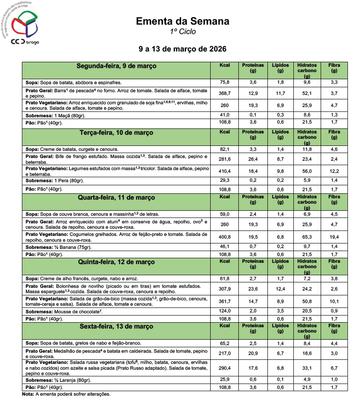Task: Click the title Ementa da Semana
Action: [182, 21]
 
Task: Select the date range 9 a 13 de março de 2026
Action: [182, 48]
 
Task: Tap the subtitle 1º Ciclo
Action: [182, 32]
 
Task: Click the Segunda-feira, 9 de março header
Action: [116, 66]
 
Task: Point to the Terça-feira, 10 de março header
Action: [116, 133]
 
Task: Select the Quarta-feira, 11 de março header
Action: [116, 197]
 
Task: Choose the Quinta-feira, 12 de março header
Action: [116, 262]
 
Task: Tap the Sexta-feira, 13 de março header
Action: [116, 326]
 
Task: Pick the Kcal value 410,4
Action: [224, 171]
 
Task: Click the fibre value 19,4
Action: [334, 237]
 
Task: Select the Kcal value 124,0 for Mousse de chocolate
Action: [224, 311]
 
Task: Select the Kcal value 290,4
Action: [224, 367]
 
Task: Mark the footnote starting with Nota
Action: [66, 394]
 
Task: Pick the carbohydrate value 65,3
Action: [306, 237]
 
